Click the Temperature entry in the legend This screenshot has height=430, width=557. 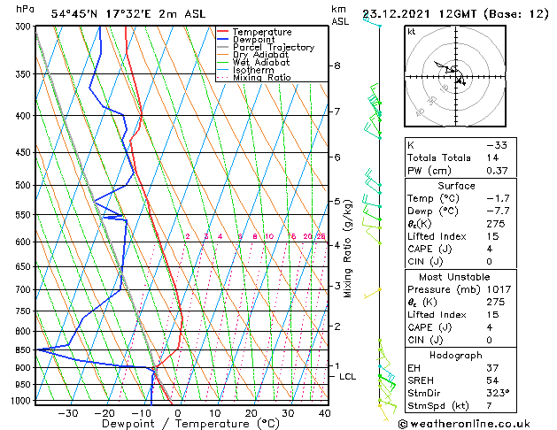point(261,32)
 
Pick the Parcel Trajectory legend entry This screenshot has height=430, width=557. point(273,47)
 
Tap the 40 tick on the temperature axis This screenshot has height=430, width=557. point(324,412)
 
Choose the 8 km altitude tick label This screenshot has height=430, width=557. point(337,65)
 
